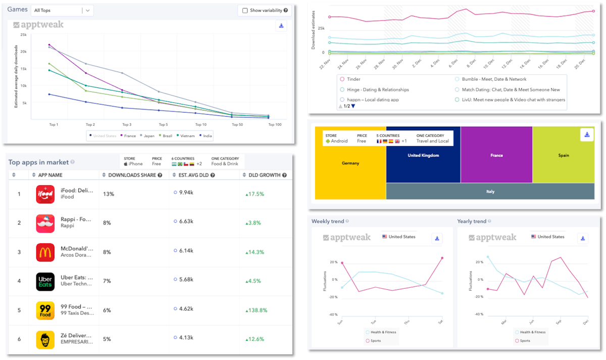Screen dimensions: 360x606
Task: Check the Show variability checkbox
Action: [x=245, y=10]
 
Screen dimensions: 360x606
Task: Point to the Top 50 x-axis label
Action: [x=236, y=124]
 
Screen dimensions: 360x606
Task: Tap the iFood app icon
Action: [x=45, y=194]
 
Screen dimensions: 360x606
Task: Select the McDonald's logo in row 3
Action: [x=45, y=252]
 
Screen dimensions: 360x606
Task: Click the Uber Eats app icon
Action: [x=45, y=281]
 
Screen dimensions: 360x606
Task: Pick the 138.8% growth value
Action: [x=256, y=310]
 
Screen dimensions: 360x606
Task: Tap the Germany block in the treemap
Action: [x=350, y=163]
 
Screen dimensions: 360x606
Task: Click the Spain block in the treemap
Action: [x=563, y=155]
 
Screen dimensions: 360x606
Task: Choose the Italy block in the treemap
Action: [x=490, y=191]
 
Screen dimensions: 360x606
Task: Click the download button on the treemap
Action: [x=586, y=134]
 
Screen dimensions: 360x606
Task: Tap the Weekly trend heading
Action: [x=328, y=221]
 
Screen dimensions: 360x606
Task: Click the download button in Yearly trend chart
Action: [x=583, y=238]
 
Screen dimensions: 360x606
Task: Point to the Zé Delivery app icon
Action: [x=45, y=339]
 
